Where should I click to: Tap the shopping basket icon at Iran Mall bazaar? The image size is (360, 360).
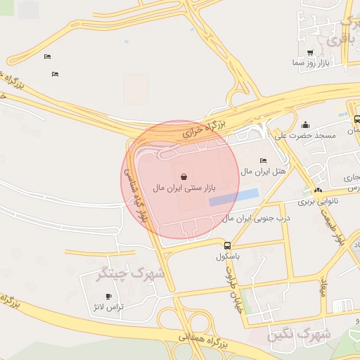[x=184, y=176]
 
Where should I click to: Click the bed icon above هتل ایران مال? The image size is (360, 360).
[x=263, y=160]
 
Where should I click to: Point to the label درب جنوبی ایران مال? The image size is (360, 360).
[x=257, y=219]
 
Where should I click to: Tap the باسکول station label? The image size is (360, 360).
[x=228, y=257]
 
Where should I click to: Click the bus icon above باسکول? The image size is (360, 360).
[x=227, y=245]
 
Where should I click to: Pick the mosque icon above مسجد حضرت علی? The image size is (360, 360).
[x=304, y=124]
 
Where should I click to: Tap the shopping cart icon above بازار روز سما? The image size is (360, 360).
[x=310, y=53]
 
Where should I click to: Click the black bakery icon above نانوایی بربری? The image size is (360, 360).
[x=319, y=191]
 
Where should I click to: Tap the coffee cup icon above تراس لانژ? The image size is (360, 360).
[x=108, y=296]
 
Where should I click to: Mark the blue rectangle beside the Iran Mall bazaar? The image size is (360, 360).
[x=233, y=198]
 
